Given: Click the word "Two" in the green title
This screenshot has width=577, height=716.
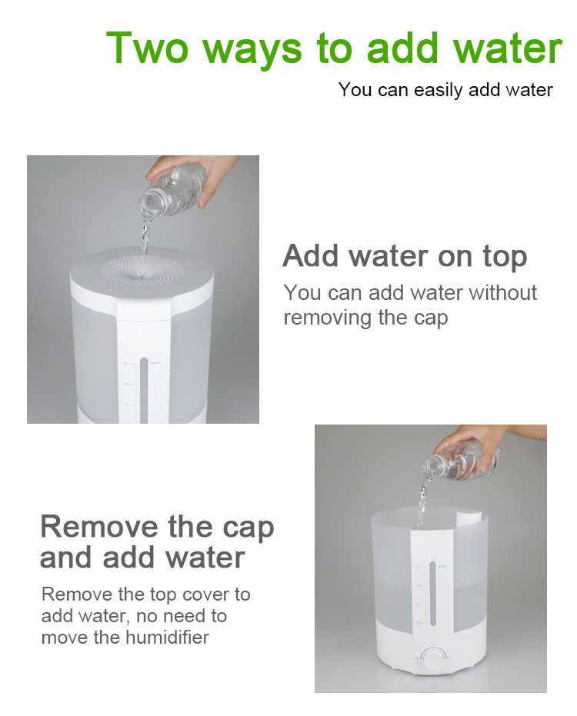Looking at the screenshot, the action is pyautogui.click(x=147, y=48).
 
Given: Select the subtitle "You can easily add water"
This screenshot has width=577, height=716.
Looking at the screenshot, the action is pyautogui.click(x=445, y=89).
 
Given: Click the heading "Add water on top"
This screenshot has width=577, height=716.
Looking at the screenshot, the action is pyautogui.click(x=405, y=256).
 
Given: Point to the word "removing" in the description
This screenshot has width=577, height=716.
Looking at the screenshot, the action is pyautogui.click(x=328, y=318).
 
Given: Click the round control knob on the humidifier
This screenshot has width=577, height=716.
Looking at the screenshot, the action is pyautogui.click(x=432, y=659).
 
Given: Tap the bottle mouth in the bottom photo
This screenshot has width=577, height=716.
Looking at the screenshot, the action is pyautogui.click(x=432, y=467).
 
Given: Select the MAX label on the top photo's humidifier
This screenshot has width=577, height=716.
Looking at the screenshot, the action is pyautogui.click(x=155, y=364).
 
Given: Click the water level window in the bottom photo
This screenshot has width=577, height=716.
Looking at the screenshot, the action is pyautogui.click(x=432, y=594).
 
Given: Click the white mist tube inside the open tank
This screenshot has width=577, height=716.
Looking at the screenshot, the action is pyautogui.click(x=470, y=517).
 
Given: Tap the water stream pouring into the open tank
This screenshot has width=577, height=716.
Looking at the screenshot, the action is pyautogui.click(x=422, y=502).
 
